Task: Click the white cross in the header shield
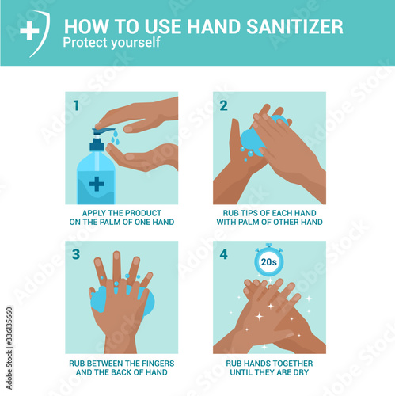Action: (29, 31)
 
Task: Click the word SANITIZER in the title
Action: (294, 27)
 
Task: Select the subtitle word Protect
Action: (85, 43)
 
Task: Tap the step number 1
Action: (76, 105)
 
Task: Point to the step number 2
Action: (223, 105)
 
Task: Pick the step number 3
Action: (76, 254)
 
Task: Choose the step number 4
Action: (224, 254)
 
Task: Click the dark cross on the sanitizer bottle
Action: (97, 184)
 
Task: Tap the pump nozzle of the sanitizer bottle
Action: (104, 131)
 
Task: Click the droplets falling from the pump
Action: (115, 138)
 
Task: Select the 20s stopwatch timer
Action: (269, 261)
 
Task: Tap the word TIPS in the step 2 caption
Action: (249, 213)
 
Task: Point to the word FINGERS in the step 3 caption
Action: (158, 364)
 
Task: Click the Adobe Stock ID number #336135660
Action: (9, 326)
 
